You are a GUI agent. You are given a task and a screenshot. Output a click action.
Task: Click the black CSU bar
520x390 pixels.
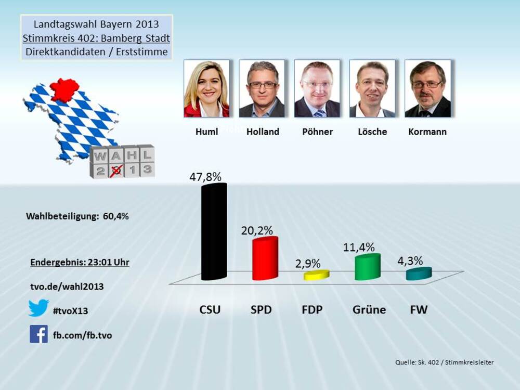214,231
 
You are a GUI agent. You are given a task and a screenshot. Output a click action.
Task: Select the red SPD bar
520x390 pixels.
265,259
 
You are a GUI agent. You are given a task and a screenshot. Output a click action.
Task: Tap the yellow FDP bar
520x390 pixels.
316,275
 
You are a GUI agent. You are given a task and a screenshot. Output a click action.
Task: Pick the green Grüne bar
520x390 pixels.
367,267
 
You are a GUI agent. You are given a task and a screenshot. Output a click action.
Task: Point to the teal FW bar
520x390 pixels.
419,274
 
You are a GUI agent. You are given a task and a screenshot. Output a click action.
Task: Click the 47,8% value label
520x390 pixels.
205,176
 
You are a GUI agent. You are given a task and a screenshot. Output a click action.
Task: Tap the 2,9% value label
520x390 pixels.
308,264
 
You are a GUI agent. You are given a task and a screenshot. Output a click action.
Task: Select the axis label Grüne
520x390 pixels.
369,310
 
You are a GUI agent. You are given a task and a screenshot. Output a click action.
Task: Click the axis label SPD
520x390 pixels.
261,310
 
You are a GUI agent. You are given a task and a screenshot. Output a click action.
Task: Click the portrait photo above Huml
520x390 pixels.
206,89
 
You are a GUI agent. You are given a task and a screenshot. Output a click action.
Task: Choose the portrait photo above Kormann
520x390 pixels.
427,89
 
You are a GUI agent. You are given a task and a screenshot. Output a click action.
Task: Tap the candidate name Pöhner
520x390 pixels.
317,132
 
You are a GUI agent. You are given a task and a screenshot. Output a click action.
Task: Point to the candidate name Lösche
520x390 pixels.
372,132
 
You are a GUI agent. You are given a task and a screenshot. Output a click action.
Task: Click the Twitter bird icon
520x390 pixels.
38,308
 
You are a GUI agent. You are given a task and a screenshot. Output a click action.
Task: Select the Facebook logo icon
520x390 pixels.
38,334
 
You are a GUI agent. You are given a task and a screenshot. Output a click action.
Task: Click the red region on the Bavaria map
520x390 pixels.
63,89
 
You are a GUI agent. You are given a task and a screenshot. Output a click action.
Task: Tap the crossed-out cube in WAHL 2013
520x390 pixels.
117,169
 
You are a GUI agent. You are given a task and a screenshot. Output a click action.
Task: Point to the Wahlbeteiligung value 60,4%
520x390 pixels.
115,216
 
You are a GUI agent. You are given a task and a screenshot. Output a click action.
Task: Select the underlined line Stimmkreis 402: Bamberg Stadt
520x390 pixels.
97,38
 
